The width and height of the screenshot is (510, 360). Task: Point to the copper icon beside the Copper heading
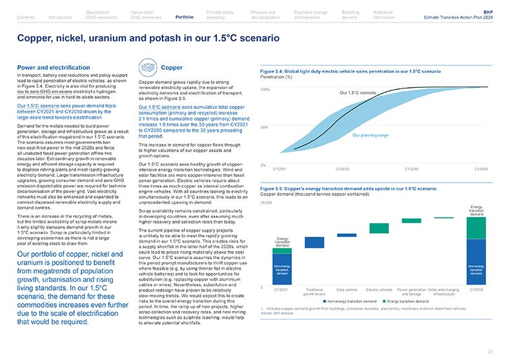147,68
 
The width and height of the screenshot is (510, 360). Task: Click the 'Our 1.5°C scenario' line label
357,94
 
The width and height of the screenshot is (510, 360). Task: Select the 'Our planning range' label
370,135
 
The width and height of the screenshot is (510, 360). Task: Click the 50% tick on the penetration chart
264,128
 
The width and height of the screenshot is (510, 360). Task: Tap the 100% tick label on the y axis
265,89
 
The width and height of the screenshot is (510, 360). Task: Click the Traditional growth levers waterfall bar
314,243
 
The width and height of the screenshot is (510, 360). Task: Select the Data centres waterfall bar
347,235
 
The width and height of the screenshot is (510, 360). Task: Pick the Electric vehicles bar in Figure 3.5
378,228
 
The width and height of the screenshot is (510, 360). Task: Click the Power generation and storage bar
411,220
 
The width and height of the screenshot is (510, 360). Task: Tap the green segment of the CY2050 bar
476,228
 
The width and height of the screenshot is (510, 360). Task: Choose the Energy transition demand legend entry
406,302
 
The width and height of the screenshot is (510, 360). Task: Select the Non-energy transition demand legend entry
351,302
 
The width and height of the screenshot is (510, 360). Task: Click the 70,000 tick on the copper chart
265,185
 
